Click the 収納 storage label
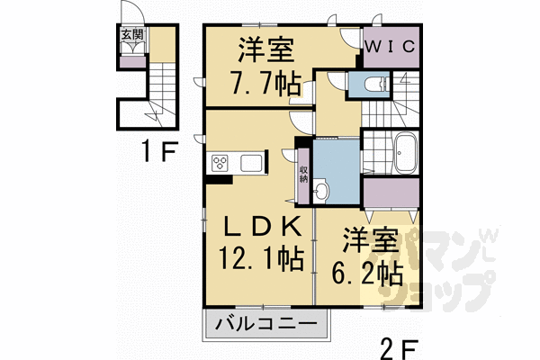click(303, 172)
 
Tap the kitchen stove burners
click(220, 163)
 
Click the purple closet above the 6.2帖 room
click(391, 192)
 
